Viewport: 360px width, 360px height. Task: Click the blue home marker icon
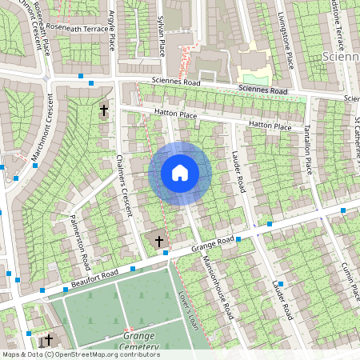(180, 173)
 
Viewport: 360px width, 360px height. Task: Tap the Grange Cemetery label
(128, 341)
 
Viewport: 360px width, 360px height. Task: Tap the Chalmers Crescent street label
(122, 186)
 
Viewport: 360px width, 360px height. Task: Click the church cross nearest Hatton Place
(103, 110)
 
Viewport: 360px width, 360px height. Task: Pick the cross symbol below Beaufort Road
(49, 339)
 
